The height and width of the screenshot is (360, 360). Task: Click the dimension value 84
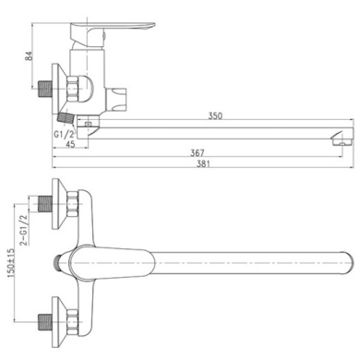coord(29,56)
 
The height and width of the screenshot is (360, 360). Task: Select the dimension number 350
coord(215,116)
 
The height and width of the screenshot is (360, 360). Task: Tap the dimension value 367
coord(198,153)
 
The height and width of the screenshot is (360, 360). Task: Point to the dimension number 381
coord(204,163)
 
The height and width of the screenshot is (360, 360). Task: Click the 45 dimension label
coord(70,144)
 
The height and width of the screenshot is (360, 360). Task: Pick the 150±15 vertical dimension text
coord(11,263)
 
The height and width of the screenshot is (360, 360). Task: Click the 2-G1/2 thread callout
coord(23,230)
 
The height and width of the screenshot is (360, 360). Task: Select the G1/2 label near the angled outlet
coord(65,135)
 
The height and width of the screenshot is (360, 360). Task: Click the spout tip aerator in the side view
coord(342,140)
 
